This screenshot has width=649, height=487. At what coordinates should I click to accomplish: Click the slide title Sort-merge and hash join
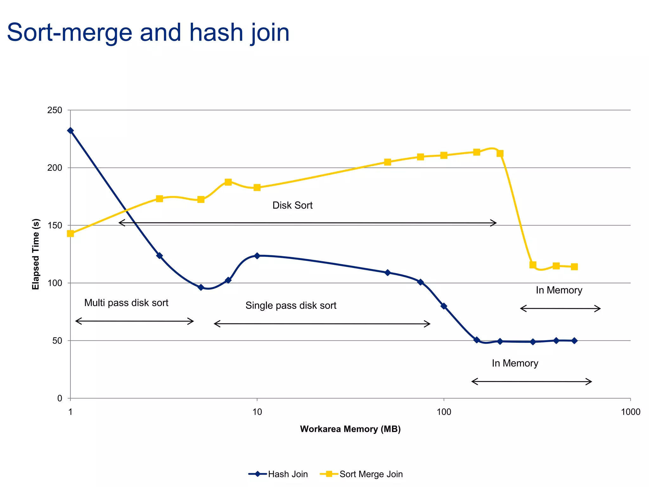click(148, 33)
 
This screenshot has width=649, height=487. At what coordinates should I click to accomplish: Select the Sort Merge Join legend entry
click(362, 474)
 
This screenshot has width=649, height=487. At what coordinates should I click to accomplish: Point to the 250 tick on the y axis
click(55, 110)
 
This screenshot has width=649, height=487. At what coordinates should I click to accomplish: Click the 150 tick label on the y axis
click(55, 225)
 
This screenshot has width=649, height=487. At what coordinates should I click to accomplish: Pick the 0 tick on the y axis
click(60, 399)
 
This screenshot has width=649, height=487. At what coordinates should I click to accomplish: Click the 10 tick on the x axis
click(257, 412)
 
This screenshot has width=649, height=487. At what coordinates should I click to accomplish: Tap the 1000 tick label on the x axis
click(630, 412)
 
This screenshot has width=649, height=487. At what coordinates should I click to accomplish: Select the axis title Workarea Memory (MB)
click(350, 429)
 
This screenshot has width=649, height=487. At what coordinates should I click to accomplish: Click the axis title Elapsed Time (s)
click(36, 254)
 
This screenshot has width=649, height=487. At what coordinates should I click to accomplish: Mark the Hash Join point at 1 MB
click(70, 131)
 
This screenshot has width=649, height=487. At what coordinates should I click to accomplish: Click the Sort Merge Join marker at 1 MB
click(70, 234)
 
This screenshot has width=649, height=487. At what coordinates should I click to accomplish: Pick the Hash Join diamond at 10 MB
click(257, 256)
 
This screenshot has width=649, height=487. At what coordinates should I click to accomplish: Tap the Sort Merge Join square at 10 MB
click(257, 188)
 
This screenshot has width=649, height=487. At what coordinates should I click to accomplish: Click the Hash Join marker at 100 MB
click(444, 306)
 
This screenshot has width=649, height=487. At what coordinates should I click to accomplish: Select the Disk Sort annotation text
click(292, 205)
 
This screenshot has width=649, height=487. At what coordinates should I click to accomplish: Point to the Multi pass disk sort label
click(126, 303)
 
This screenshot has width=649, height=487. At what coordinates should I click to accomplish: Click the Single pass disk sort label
click(291, 306)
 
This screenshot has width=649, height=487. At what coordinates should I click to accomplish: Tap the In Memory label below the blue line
click(515, 363)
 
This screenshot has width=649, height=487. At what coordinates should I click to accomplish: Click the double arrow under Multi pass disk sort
click(134, 321)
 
